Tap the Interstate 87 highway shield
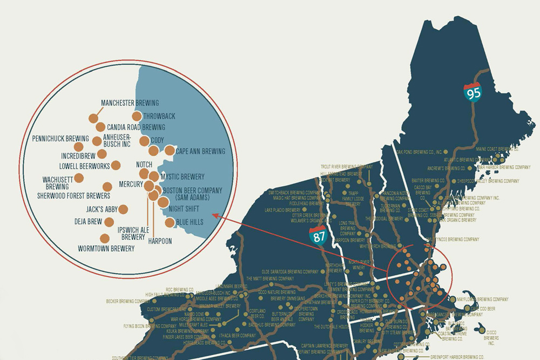318,236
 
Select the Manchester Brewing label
130,103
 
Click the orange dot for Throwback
137,116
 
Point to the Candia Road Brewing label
136,127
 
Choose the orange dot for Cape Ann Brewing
170,151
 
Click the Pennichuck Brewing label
60,139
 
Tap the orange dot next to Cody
144,141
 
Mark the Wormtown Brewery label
106,249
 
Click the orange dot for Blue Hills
170,222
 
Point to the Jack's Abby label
99,209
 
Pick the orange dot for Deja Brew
109,222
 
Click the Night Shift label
184,208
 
